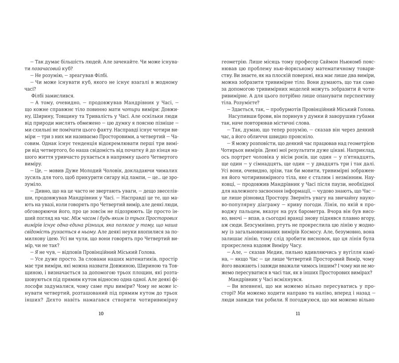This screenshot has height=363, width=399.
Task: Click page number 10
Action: coord(101,314)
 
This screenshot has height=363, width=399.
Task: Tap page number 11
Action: coord(297,314)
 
